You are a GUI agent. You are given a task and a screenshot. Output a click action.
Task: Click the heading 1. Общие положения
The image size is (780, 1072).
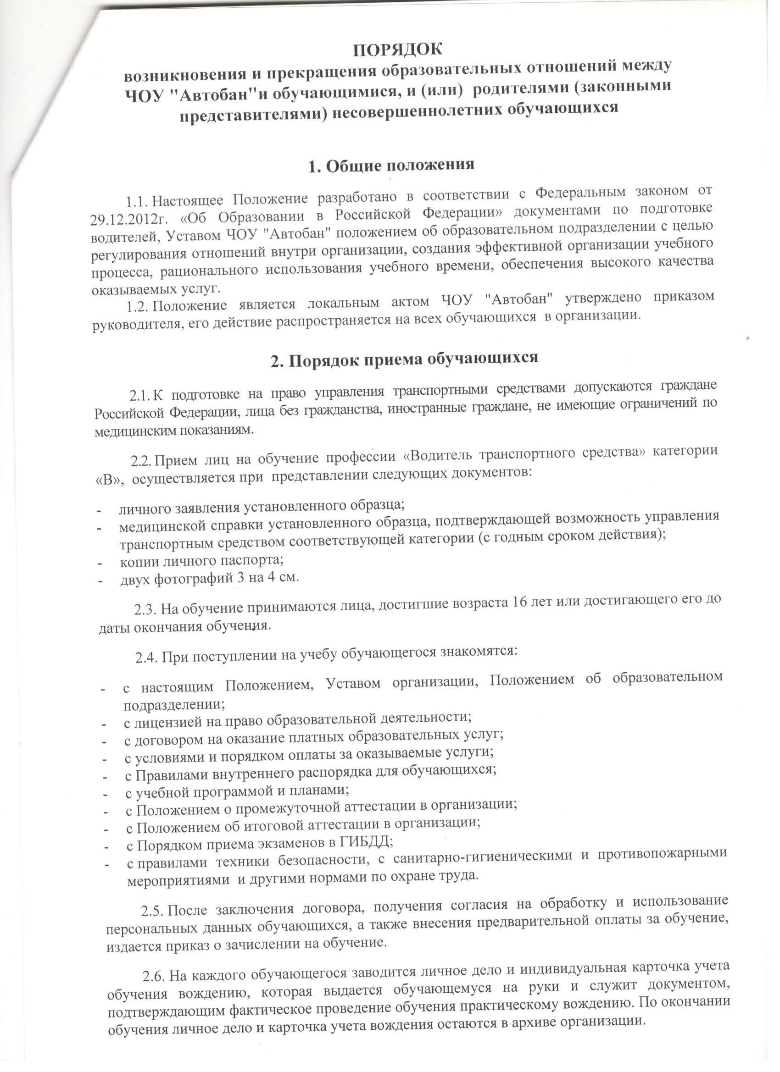pos(391,166)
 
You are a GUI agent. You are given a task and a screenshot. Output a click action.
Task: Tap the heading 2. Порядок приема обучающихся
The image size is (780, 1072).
pos(404,359)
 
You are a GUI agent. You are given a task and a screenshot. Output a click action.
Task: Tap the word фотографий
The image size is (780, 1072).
pos(189,579)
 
